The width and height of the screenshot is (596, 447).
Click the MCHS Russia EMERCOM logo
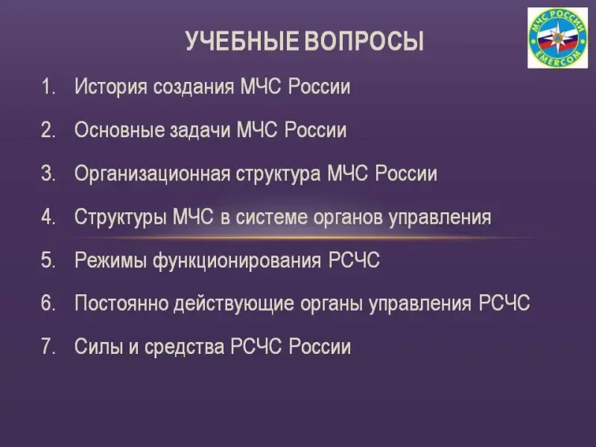click(557, 38)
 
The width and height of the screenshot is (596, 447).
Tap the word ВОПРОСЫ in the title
click(364, 41)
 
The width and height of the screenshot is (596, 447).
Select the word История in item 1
click(111, 86)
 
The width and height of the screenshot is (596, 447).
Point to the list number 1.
click(48, 86)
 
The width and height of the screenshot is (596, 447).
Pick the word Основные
click(118, 130)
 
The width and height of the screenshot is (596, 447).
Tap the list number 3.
click(48, 174)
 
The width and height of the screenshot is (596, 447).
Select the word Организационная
click(153, 174)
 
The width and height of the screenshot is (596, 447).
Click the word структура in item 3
click(278, 174)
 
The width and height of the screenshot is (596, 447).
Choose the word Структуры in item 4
click(121, 217)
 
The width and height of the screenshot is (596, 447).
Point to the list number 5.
click(48, 260)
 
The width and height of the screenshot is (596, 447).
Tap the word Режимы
click(110, 260)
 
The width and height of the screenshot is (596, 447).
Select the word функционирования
click(237, 261)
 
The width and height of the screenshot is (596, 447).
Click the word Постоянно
click(121, 303)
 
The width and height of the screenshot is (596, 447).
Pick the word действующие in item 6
click(234, 304)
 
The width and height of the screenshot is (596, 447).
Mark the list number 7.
click(48, 347)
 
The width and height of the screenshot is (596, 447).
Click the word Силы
click(99, 346)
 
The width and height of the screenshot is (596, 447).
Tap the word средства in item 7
click(184, 347)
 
